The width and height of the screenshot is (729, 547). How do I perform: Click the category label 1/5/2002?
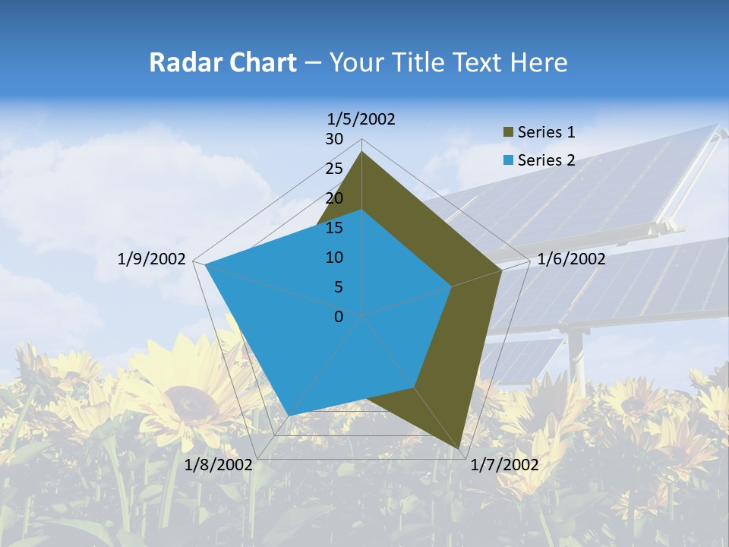point(361,119)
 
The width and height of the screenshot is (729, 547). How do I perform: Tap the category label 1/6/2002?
point(571,259)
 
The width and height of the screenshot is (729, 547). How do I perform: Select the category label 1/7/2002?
point(504,465)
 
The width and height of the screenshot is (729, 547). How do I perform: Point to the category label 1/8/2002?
point(219,465)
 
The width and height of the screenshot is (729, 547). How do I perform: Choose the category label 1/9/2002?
point(152,259)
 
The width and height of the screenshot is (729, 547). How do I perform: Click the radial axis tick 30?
point(334,139)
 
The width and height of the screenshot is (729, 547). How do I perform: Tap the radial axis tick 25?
point(334,169)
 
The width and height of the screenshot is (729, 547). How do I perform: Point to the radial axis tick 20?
point(334,198)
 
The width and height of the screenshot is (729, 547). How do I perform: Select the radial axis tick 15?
point(334,228)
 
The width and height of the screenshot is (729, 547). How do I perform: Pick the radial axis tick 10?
point(334,258)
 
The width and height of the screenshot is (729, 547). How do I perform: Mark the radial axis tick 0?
point(339,317)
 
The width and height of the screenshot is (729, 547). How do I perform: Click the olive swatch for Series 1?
point(507,133)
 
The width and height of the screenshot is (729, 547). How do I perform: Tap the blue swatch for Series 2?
point(507,160)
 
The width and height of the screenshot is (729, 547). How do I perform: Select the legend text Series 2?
point(546,160)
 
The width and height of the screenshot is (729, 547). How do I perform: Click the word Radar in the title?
point(179,62)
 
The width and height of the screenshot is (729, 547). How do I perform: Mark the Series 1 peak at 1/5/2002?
point(361,152)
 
